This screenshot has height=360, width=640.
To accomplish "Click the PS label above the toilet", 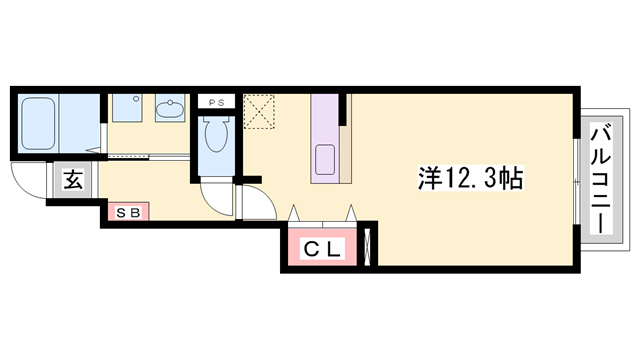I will (217, 101).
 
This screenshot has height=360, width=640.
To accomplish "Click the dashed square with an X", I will (259, 111).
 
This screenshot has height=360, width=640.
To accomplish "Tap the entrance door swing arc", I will (27, 182).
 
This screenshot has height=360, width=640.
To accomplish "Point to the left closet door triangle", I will (296, 213).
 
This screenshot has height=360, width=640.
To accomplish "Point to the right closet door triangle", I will (351, 213).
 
